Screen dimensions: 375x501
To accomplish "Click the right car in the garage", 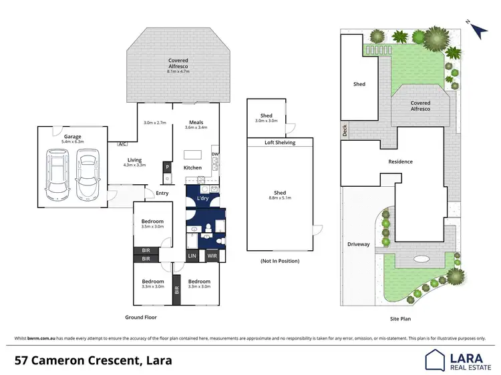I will (x=87, y=173).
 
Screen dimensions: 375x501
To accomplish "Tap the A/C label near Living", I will (x=122, y=143).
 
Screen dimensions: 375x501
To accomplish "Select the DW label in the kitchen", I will (x=214, y=155).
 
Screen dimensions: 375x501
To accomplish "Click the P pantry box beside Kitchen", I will (x=166, y=167).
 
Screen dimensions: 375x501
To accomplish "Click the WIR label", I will (x=212, y=256).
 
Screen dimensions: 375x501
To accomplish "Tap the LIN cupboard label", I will (x=192, y=256).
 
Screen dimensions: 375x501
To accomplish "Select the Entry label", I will (x=162, y=194).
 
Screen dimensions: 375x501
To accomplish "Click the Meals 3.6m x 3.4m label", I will (x=196, y=124).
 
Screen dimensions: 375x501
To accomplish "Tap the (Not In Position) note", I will (x=279, y=261).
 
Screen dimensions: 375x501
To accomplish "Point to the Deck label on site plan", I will (x=345, y=132).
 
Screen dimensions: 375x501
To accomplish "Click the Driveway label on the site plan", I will (x=358, y=244).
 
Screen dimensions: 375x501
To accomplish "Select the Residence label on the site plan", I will (x=401, y=161).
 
